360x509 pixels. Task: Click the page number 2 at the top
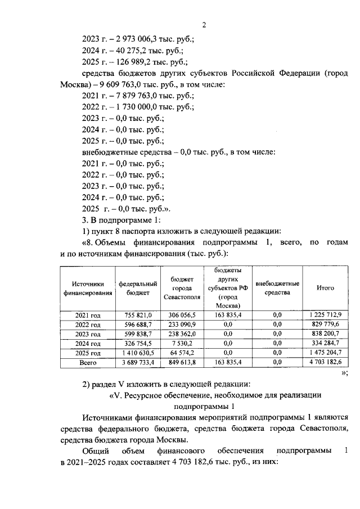coord(205,24)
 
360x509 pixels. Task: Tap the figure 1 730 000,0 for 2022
coord(132,107)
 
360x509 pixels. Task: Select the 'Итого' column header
coord(325,287)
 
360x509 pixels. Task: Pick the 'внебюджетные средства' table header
coord(277,288)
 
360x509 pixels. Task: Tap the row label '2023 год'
coord(87,334)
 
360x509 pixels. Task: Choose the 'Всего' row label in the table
coord(87,363)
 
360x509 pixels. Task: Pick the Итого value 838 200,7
coord(325,334)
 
